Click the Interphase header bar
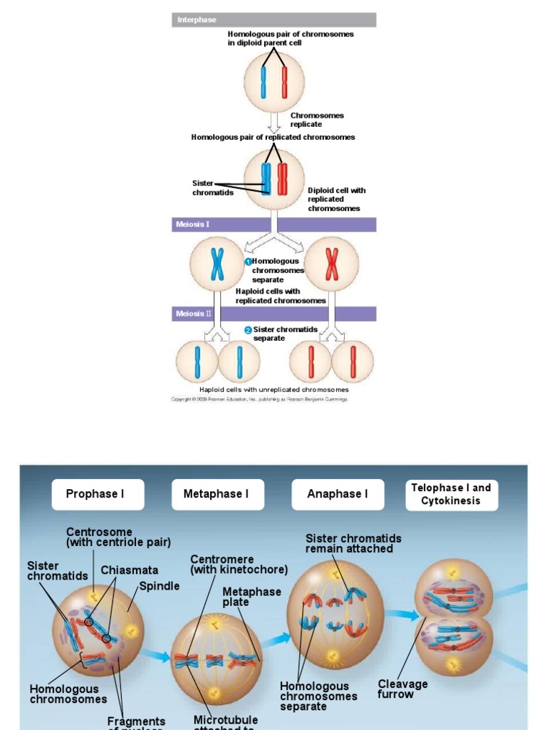tap(273, 20)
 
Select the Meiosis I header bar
tap(273, 225)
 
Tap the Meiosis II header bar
tap(273, 314)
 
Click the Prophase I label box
tap(98, 494)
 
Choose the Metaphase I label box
tap(217, 494)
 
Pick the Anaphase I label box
tap(338, 494)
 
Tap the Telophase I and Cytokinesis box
tap(451, 494)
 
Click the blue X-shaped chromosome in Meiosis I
tap(217, 264)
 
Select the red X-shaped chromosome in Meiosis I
tap(331, 264)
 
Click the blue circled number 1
tap(248, 262)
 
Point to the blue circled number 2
tap(248, 330)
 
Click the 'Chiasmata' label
tap(129, 570)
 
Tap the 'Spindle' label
tap(159, 586)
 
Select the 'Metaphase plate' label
tap(251, 597)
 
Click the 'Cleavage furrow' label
tap(402, 689)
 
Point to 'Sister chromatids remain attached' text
tap(353, 543)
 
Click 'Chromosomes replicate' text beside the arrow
tap(316, 120)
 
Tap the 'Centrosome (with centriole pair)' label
tap(118, 537)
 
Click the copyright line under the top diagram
tap(259, 400)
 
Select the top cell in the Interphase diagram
tap(273, 81)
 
